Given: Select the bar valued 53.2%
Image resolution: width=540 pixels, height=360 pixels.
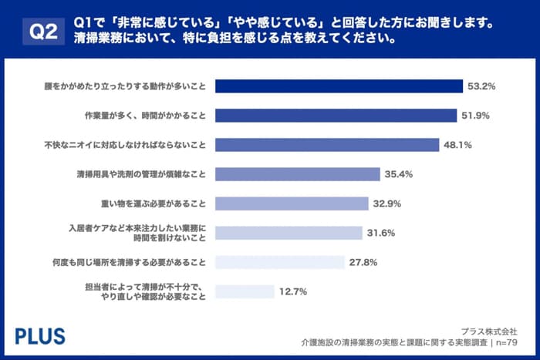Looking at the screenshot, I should pyautogui.click(x=338, y=86).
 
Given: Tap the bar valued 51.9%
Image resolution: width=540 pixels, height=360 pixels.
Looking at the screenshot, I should pyautogui.click(x=334, y=115).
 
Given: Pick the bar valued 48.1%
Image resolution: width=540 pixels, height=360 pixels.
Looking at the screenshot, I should pyautogui.click(x=325, y=144).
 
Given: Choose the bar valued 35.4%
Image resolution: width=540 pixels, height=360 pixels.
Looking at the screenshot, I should pyautogui.click(x=297, y=174).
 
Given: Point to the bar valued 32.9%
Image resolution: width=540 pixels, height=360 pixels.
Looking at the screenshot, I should pyautogui.click(x=291, y=204).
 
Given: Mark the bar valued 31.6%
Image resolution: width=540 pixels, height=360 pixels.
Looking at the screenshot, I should pyautogui.click(x=288, y=233).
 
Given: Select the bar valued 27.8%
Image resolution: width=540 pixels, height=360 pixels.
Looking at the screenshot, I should pyautogui.click(x=279, y=262).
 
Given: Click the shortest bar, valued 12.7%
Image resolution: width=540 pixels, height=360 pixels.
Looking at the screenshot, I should pyautogui.click(x=244, y=291).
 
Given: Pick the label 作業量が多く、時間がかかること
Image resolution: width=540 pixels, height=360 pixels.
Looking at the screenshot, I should pyautogui.click(x=145, y=115).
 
